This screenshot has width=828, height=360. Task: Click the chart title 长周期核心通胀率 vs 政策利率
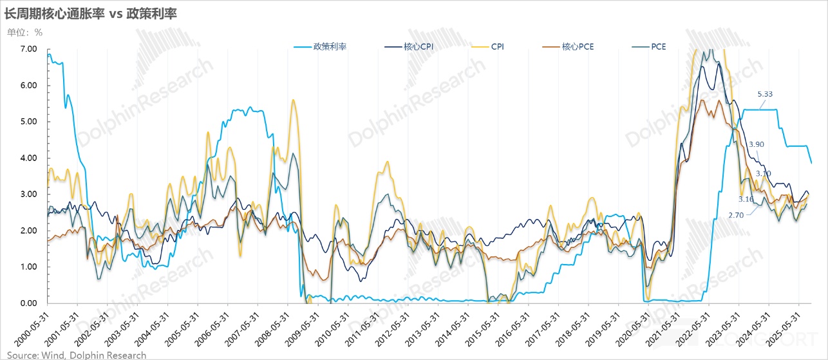point(90,13)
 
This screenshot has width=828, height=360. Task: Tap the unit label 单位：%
point(24,32)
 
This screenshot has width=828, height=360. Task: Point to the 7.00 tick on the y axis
point(28,50)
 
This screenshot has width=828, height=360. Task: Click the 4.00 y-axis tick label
point(28,158)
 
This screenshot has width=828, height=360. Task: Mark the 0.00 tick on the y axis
point(28,303)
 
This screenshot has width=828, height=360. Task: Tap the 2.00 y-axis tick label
point(28,231)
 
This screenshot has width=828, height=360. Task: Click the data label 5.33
point(765,94)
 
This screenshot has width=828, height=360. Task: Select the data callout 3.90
point(757,145)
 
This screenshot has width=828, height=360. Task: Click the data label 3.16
point(746,200)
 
